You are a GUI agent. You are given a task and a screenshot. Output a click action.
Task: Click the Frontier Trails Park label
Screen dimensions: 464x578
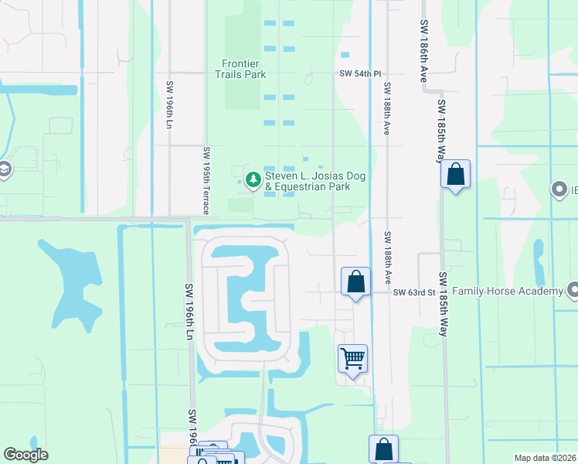coord(240,69)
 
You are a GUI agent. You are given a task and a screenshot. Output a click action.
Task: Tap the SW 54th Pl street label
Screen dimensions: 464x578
coord(360,73)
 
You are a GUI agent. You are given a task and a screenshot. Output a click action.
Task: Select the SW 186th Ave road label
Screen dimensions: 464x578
coord(424,52)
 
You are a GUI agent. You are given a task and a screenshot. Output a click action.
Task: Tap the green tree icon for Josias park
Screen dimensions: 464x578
coord(252,181)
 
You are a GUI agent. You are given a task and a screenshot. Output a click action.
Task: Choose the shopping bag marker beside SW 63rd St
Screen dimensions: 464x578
coord(355,282)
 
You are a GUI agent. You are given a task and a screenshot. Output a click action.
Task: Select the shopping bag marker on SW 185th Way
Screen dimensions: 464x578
coord(456,175)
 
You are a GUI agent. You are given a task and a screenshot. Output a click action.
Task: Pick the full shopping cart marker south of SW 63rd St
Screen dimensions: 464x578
coord(352,359)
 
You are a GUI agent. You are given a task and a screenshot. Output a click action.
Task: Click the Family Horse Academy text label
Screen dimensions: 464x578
coord(508,292)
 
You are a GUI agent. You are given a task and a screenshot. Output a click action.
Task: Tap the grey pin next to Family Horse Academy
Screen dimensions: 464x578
coord(573,292)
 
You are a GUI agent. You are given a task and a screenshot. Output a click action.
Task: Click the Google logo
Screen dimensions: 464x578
coord(25,455)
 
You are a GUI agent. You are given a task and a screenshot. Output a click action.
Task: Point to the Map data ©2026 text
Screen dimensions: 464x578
coord(545,458)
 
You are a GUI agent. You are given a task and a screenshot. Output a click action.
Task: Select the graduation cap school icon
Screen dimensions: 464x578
coord(3,170)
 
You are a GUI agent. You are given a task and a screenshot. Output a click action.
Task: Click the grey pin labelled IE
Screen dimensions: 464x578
coord(559,189)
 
